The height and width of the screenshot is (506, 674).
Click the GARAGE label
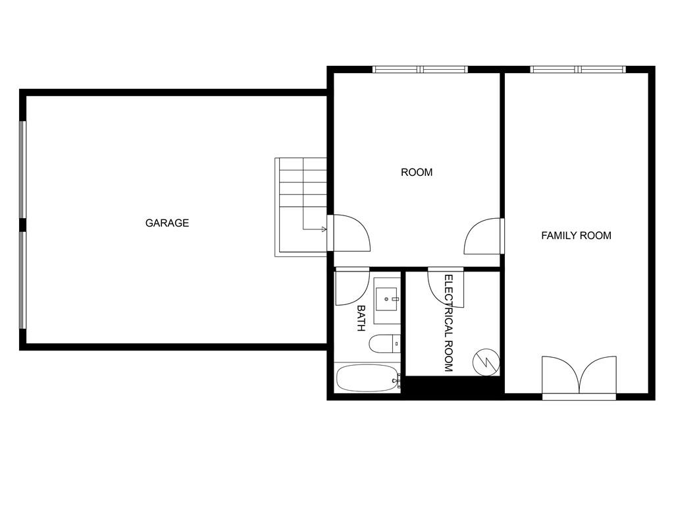167,223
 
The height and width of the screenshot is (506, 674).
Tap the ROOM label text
417,173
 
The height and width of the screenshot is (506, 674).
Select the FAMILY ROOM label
576,235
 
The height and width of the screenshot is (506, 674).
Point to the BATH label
361,318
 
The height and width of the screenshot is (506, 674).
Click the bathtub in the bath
366,378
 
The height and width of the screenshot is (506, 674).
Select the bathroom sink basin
386,300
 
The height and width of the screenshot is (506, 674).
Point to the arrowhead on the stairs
323,229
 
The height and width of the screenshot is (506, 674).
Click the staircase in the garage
301,204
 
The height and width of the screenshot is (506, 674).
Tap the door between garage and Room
350,233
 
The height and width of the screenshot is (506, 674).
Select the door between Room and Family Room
484,236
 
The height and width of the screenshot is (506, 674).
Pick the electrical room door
446,287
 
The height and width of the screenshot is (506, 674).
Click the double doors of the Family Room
579,378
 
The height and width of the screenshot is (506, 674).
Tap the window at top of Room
420,69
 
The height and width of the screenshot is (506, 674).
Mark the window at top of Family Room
578,69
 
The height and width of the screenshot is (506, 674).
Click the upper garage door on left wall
22,169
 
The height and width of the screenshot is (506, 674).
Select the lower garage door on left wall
22,279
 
